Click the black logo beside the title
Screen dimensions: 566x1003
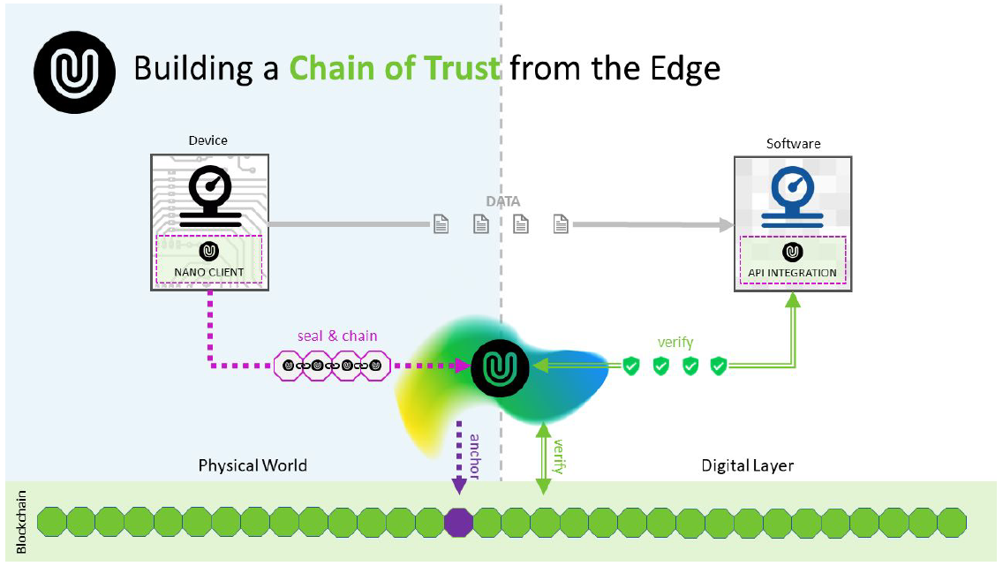(x=75, y=69)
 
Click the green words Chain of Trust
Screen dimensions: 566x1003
(x=395, y=68)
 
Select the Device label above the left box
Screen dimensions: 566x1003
(x=207, y=140)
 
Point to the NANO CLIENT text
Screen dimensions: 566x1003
(x=209, y=272)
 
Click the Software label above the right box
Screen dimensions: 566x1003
(x=793, y=143)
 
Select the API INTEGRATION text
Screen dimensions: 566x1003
(x=792, y=273)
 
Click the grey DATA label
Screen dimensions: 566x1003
(x=502, y=201)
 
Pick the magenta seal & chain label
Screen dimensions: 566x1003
(x=336, y=336)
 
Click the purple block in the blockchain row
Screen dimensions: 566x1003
(x=458, y=521)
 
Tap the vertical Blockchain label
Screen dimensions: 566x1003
(x=21, y=522)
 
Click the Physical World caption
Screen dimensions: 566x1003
(x=253, y=464)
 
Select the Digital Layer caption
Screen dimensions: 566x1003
(x=747, y=464)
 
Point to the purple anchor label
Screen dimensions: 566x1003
(x=474, y=457)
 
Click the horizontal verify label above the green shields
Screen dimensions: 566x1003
(x=675, y=342)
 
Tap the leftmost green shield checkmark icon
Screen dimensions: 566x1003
(x=630, y=366)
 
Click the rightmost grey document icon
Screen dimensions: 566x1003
(x=561, y=224)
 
